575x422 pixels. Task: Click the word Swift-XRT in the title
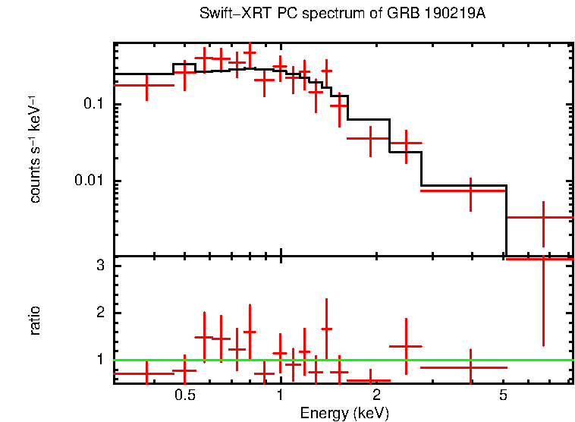(x=228, y=14)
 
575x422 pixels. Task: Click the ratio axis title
(x=36, y=320)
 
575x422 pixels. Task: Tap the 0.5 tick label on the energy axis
(x=185, y=396)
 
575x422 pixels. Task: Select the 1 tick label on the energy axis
(x=281, y=396)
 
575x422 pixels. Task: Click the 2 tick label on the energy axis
(x=376, y=396)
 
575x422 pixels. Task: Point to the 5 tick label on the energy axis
(x=503, y=396)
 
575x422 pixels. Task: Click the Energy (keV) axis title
(x=344, y=413)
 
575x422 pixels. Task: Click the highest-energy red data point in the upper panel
(x=543, y=218)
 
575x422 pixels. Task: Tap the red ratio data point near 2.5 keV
(x=406, y=346)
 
